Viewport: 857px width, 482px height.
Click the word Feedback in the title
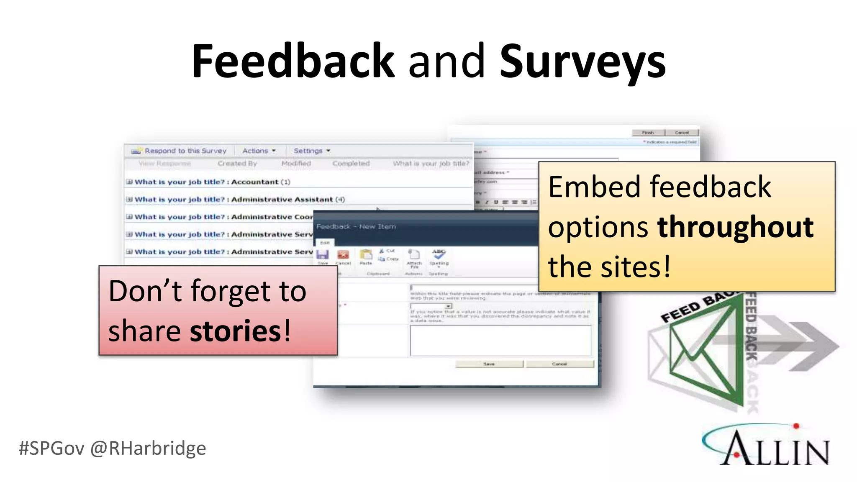coord(293,61)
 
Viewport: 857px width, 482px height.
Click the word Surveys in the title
coord(582,63)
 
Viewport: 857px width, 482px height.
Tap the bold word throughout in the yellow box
coord(735,227)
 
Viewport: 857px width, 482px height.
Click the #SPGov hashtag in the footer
coord(51,448)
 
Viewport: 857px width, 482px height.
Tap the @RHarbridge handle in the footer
coord(148,448)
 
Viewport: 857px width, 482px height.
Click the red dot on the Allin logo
coord(796,426)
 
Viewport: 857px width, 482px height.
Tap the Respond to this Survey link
coord(185,151)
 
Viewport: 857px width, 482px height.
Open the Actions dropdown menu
coord(259,151)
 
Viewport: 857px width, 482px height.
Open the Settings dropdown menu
coord(311,151)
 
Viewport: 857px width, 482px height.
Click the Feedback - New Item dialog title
coord(356,226)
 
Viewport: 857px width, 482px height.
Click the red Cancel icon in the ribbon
coord(343,255)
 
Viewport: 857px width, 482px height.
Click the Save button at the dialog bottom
coord(489,364)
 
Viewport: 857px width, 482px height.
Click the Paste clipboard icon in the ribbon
coord(366,255)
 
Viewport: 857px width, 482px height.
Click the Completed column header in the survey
coord(351,164)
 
